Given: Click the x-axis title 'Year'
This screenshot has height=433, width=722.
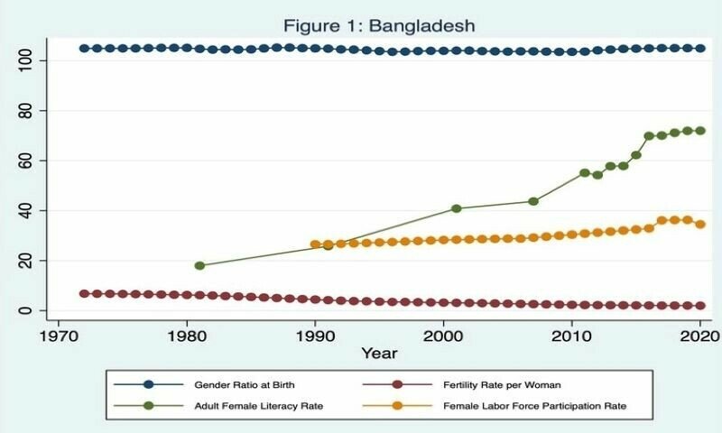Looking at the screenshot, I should [x=378, y=353].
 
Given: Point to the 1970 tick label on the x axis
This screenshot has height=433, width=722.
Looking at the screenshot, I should [x=59, y=333].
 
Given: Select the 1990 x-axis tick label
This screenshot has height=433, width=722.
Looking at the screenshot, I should [x=315, y=333].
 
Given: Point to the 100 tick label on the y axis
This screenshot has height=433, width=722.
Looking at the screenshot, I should [x=26, y=60].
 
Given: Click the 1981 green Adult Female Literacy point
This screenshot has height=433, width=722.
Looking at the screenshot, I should [x=199, y=265].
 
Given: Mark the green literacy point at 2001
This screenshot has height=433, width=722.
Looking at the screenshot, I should [x=456, y=208].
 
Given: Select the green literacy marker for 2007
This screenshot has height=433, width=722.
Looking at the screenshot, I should [x=533, y=201].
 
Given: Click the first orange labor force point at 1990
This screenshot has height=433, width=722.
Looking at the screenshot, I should [x=315, y=244].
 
